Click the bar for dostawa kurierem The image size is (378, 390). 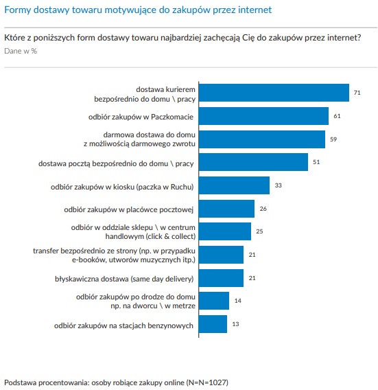pos(274,93)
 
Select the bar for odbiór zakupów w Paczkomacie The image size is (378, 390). pos(263,116)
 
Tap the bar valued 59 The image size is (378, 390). pos(262,139)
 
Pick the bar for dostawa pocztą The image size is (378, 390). pos(254,162)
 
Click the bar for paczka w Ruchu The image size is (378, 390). pos(234,185)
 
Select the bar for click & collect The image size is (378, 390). pos(225,231)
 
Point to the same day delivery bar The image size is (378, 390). pos(221,278)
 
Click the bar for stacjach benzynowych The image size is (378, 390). pos(213,324)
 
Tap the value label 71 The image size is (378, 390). pos(357,93)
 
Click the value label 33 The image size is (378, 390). pos(278,185)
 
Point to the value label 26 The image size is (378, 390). pos(263,209)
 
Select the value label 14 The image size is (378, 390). pos(238,301)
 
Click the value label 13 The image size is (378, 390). pos(235,324)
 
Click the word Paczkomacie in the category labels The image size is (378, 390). pos(172,117)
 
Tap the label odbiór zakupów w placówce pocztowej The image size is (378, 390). pos(129,209)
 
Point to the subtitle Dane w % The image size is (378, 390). pos(21,51)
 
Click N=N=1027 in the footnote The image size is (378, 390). pos(207,382)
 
